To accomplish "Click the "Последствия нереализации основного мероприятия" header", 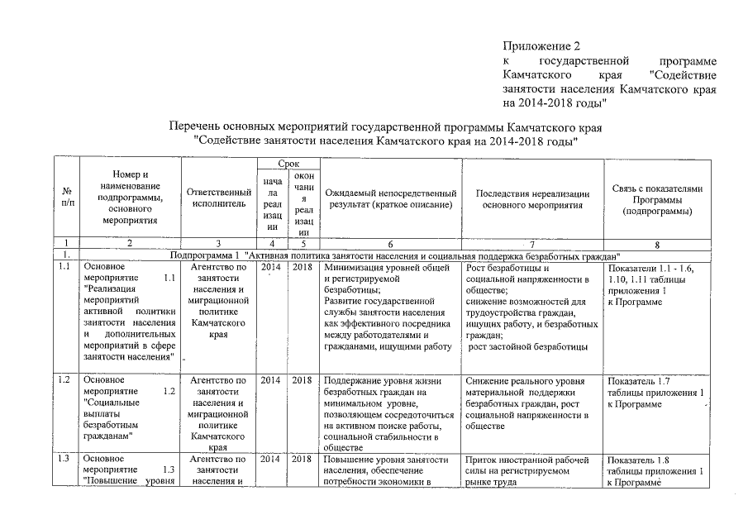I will tap(532, 198).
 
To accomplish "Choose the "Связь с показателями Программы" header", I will tap(657, 199).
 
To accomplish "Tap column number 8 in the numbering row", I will tap(657, 244).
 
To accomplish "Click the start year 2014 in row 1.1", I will tap(270, 268).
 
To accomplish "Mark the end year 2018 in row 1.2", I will tap(302, 380).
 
